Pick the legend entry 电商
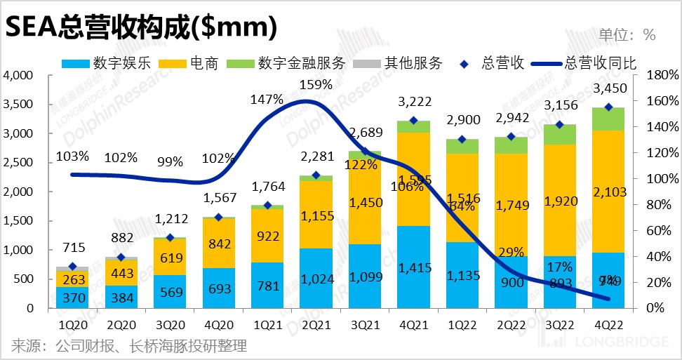coord(204,63)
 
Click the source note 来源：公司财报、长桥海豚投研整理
coord(129,346)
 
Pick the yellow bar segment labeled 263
coord(73,279)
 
